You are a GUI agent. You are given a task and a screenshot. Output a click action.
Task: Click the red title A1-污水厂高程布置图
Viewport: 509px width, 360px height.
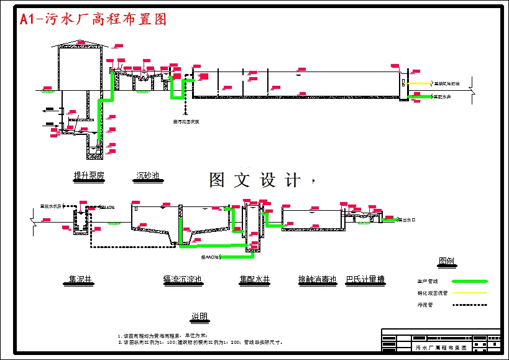[93, 19]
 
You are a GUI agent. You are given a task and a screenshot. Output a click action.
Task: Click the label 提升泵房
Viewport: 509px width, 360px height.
[89, 177]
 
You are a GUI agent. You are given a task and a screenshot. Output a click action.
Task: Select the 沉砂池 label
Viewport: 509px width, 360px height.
[148, 177]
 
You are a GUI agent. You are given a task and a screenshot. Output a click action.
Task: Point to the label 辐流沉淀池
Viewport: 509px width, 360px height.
[182, 280]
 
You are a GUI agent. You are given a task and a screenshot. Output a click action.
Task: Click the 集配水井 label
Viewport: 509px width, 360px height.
[255, 280]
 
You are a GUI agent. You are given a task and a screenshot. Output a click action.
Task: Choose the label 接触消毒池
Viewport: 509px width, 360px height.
[317, 280]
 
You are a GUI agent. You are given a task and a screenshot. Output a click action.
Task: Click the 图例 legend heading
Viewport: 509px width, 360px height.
[446, 261]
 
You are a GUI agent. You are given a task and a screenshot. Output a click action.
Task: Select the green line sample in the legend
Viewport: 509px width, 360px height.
[469, 282]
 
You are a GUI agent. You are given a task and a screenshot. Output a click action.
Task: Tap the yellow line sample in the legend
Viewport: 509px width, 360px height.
[469, 293]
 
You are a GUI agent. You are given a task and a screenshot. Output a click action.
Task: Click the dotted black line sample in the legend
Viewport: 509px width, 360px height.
[469, 305]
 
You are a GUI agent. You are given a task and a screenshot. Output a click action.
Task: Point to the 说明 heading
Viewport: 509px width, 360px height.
[199, 316]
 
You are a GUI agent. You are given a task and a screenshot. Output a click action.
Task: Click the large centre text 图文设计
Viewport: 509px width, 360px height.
[255, 180]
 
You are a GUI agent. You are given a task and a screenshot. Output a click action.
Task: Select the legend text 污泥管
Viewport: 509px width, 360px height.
[425, 305]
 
